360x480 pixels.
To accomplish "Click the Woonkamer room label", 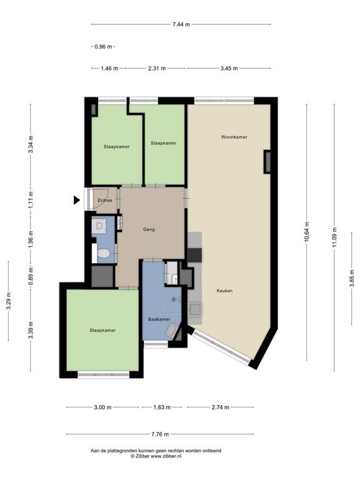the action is click(x=234, y=137).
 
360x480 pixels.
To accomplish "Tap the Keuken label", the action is click(x=224, y=291).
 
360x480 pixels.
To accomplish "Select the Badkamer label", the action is click(x=159, y=319).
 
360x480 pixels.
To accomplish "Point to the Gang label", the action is click(x=149, y=229).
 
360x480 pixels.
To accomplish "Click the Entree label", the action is click(x=105, y=201).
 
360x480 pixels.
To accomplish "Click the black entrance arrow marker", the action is click(x=76, y=200).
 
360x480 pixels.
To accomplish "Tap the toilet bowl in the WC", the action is click(x=103, y=254).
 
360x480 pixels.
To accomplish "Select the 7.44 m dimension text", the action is click(x=181, y=24).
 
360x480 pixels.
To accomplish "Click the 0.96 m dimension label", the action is click(x=104, y=47).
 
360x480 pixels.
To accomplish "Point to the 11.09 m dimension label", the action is click(x=334, y=237).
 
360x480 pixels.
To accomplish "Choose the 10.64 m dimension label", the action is click(x=307, y=232).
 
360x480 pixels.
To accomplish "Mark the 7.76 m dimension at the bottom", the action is click(x=160, y=434).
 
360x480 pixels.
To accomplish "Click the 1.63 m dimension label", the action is click(x=162, y=407).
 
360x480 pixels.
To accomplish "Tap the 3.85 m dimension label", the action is click(x=352, y=278).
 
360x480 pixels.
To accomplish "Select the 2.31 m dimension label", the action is click(x=157, y=69).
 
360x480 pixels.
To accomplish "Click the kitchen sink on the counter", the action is click(x=195, y=309).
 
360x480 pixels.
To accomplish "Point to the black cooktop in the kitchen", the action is click(x=195, y=255).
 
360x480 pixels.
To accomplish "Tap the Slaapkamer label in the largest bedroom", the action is click(x=102, y=331).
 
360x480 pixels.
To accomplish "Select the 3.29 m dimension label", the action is click(x=9, y=301).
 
